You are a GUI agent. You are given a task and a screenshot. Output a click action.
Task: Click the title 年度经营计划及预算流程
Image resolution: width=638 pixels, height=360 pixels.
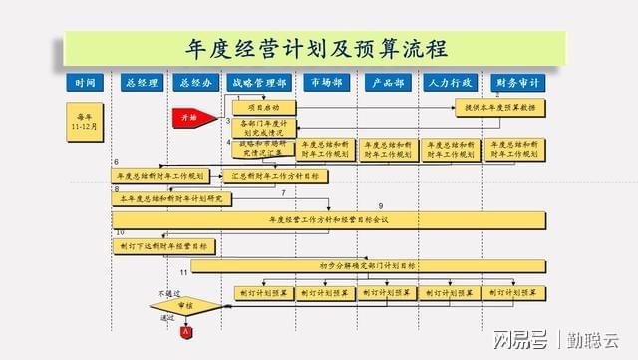317,48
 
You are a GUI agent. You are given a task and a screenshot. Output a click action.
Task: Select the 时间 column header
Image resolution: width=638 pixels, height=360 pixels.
85,83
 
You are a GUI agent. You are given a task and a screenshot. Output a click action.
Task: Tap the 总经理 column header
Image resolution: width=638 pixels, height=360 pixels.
139,83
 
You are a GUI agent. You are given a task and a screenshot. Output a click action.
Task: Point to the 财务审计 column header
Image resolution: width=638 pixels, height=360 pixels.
517,83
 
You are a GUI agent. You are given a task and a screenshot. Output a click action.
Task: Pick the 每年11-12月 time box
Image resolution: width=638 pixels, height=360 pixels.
85,119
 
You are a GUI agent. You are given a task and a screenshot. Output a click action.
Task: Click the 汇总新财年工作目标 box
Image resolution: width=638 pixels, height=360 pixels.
262,176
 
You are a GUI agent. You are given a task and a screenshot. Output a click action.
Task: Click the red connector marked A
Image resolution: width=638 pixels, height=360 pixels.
186,330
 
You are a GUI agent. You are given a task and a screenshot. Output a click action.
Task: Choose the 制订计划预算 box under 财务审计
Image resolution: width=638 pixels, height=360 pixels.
515,293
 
